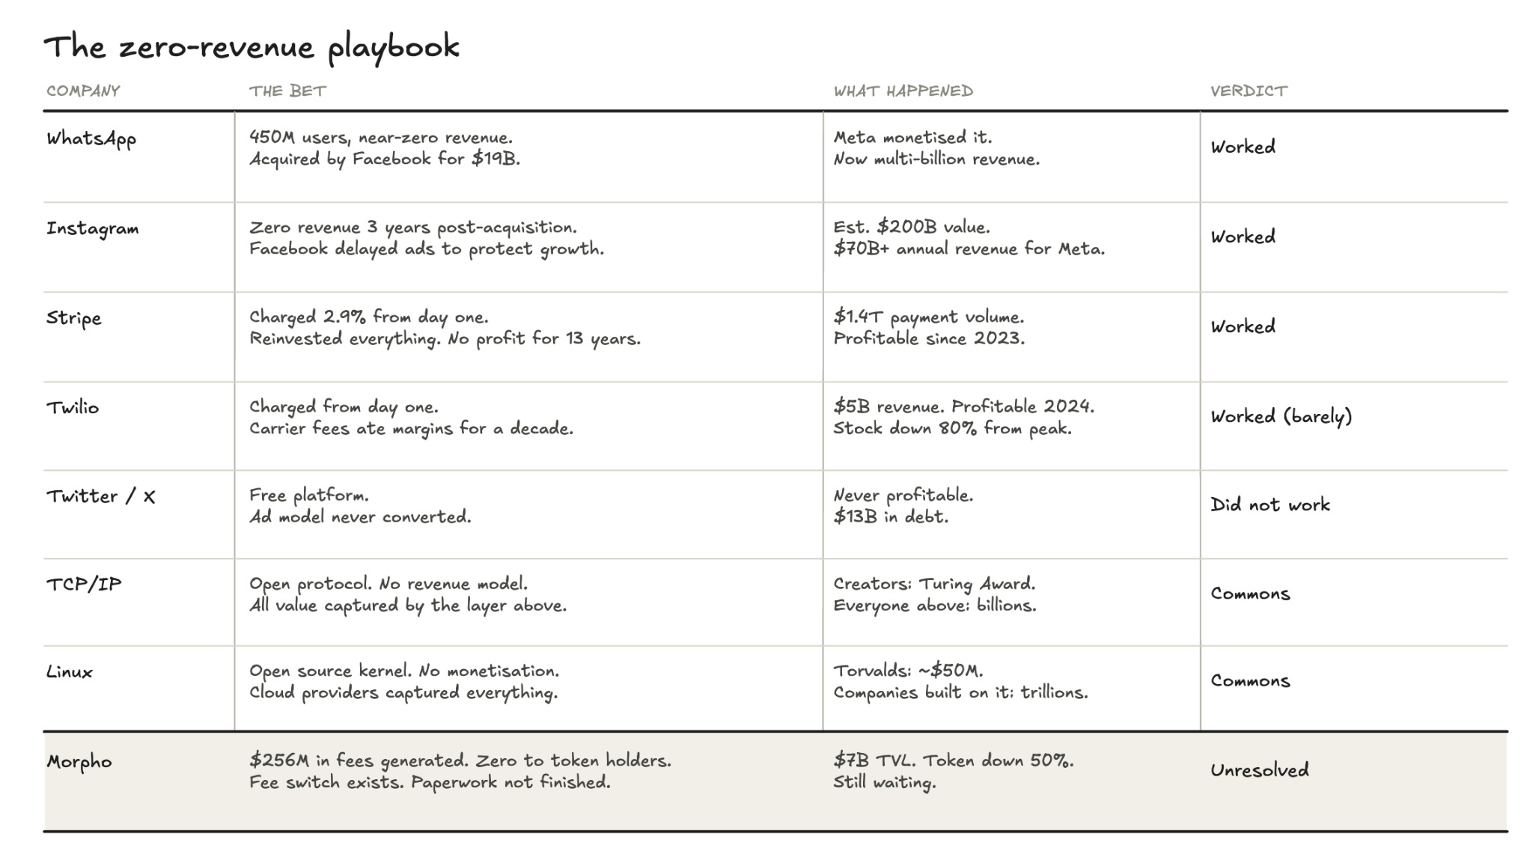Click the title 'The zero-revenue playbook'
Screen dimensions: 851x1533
[251, 47]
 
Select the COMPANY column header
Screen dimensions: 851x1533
[83, 91]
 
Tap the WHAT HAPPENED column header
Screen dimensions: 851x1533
[903, 91]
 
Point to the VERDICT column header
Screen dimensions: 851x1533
[1249, 91]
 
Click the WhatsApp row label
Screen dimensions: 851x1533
[91, 139]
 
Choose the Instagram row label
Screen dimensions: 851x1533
[93, 228]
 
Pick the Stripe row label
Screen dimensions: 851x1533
[73, 318]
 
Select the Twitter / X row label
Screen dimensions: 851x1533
[101, 496]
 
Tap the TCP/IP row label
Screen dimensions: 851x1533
[84, 585]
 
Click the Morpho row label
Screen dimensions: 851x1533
[79, 762]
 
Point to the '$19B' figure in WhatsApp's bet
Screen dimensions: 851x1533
[495, 159]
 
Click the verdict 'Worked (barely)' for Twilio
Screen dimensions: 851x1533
[1281, 416]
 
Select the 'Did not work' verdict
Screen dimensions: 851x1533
[1270, 504]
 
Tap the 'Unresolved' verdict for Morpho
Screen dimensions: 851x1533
[1259, 769]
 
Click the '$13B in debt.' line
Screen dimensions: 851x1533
[891, 516]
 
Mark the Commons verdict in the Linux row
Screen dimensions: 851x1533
[1250, 681]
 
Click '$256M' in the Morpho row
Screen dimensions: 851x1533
[279, 760]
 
